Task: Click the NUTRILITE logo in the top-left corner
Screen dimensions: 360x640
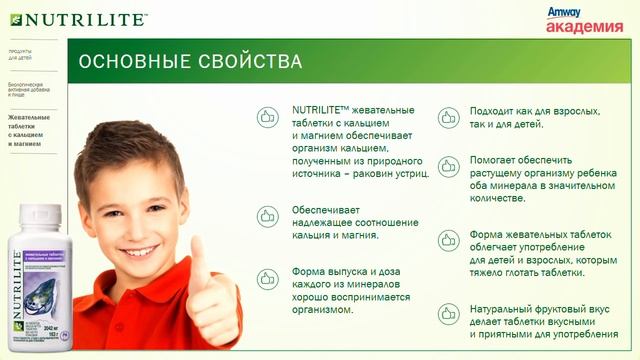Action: [x=76, y=18]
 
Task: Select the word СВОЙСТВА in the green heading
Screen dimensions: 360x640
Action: [x=253, y=62]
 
